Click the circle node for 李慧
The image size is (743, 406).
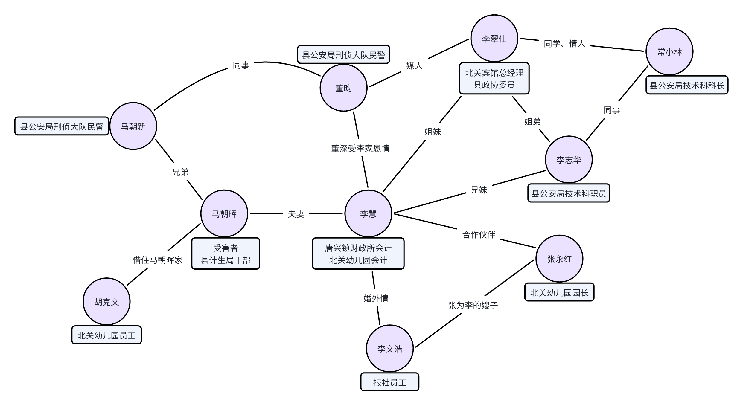click(368, 213)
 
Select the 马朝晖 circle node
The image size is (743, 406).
click(224, 213)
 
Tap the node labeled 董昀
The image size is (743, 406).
click(343, 88)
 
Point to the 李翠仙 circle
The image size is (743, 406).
click(494, 39)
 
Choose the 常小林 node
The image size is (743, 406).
click(669, 52)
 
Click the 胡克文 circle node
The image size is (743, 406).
click(106, 302)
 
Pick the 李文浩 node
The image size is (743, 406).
click(390, 349)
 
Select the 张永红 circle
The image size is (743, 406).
click(559, 259)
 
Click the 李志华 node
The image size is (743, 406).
click(569, 160)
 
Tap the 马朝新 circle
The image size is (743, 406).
click(133, 126)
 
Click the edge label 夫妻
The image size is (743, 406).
click(296, 214)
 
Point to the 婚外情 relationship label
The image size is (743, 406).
click(376, 298)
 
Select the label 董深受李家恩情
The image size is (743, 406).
click(360, 148)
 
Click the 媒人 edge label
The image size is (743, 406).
click(414, 65)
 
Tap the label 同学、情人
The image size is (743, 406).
click(564, 44)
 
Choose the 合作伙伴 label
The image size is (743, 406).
click(479, 235)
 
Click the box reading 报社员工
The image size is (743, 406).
click(390, 382)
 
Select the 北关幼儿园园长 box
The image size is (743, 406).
click(559, 292)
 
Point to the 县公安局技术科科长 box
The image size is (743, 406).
click(687, 86)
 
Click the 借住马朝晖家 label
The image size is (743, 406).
click(158, 260)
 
